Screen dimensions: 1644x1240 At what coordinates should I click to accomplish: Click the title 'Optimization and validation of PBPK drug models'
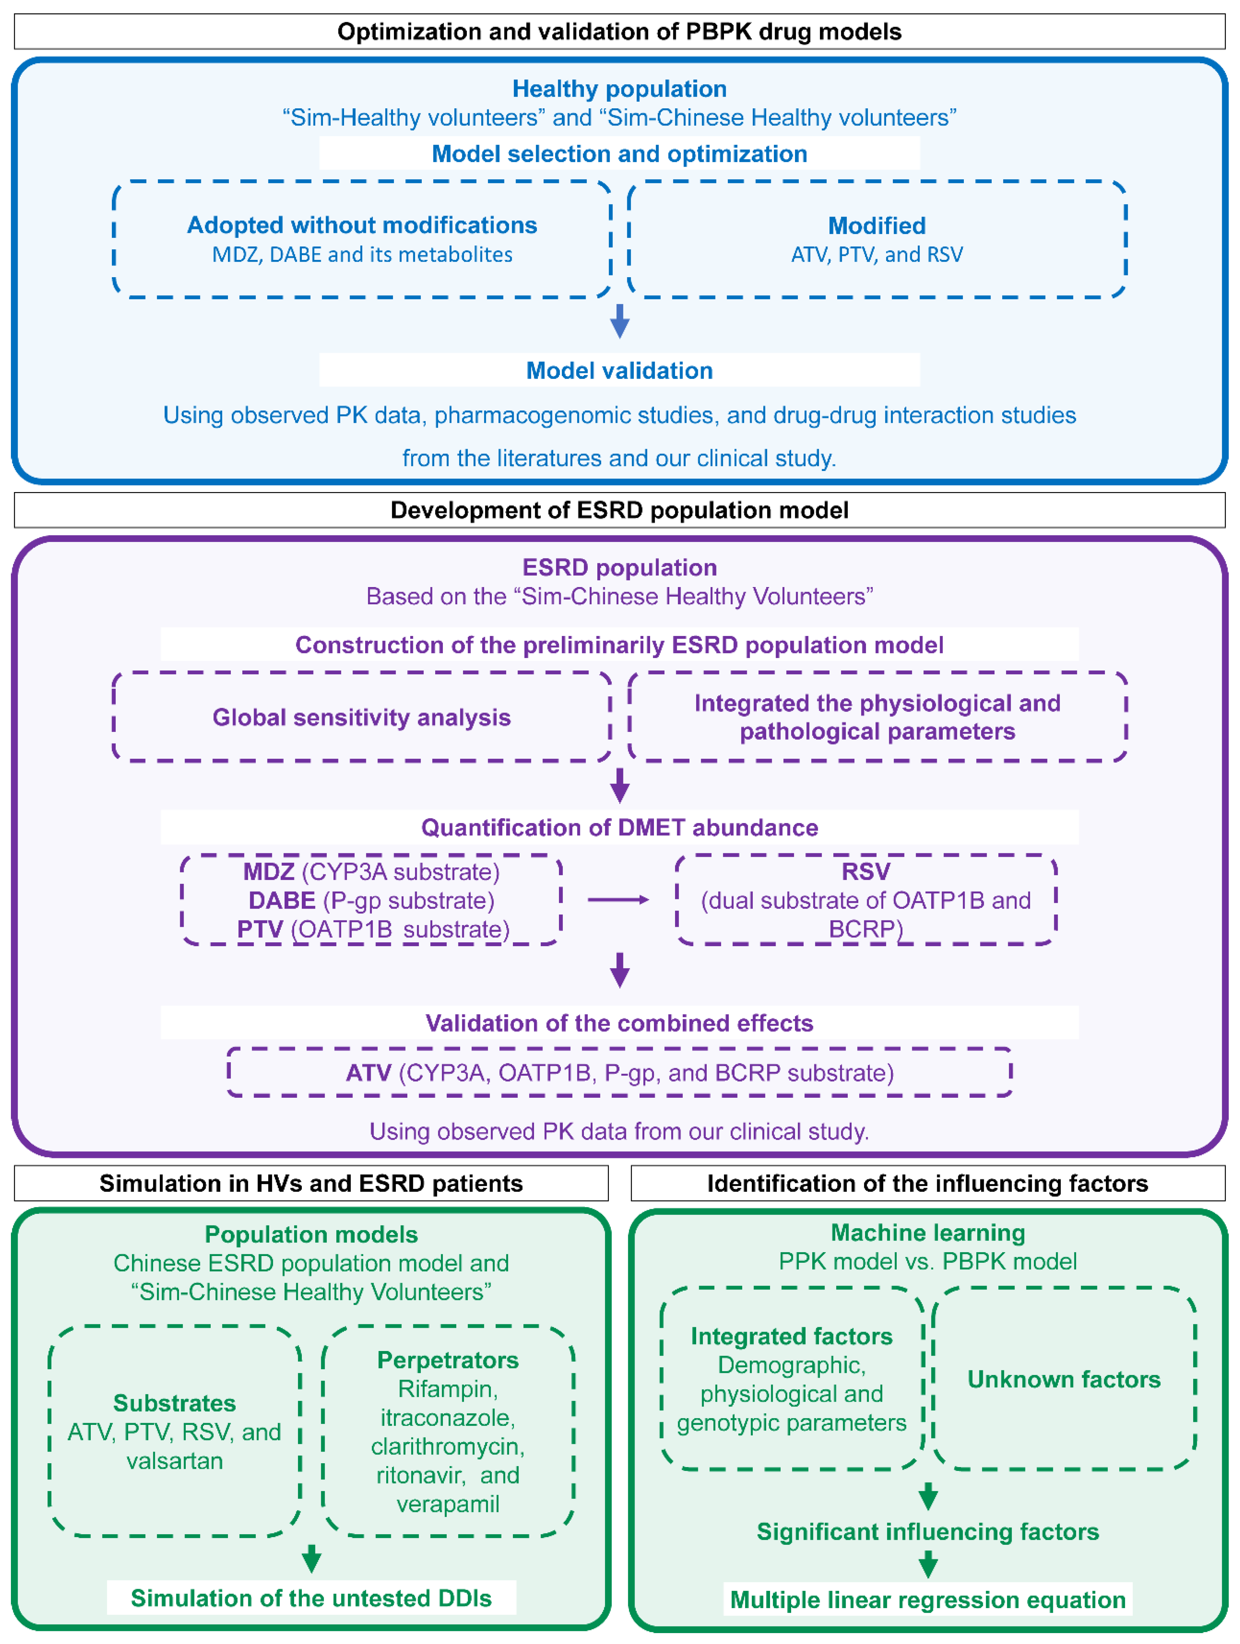[x=619, y=32]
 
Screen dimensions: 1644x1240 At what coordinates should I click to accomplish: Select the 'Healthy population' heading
[x=619, y=88]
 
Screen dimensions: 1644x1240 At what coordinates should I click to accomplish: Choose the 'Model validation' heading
[x=619, y=370]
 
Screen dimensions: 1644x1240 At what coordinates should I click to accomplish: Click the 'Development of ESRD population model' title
[x=619, y=510]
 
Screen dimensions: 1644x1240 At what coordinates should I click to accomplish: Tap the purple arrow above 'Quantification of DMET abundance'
[x=619, y=785]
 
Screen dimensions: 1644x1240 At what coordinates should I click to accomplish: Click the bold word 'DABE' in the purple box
[x=282, y=900]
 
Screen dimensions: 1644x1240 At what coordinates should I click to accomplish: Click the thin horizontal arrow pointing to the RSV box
[x=618, y=900]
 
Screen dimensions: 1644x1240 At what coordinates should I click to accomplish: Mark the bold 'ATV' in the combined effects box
[x=369, y=1072]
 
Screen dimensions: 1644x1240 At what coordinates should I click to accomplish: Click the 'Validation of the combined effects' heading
[x=619, y=1023]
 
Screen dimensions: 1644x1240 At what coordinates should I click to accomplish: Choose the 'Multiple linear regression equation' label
[x=927, y=1599]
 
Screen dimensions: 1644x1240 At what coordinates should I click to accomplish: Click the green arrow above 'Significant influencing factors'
[x=927, y=1495]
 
